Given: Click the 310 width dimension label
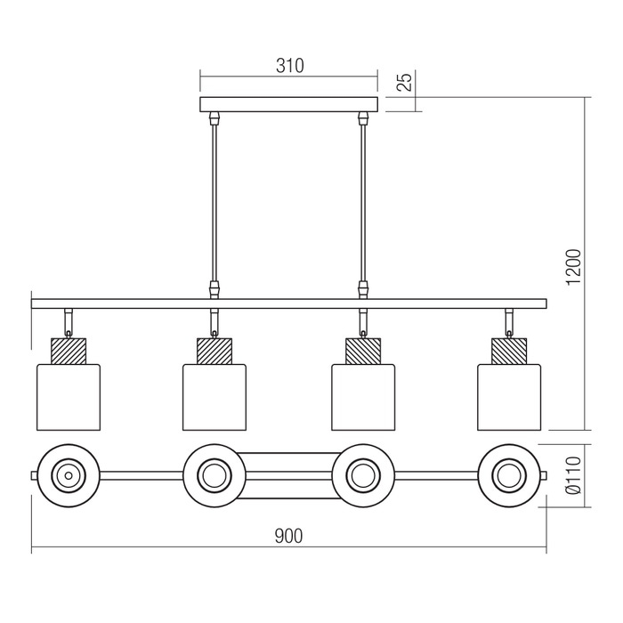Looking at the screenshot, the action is tap(289, 66).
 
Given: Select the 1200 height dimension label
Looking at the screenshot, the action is tap(573, 267).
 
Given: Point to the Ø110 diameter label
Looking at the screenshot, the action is tap(573, 475).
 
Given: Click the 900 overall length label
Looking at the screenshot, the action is tap(289, 536).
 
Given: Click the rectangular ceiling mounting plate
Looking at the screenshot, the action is tap(289, 104).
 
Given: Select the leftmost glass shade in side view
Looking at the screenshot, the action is tap(69, 397).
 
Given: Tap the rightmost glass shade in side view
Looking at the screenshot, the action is tap(509, 397).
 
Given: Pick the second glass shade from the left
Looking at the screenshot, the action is tap(214, 397).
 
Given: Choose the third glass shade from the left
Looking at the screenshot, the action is tap(363, 397).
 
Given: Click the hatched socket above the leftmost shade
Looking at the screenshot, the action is tap(69, 351).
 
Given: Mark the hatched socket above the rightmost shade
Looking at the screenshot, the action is tap(509, 351).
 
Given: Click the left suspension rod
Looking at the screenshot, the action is tap(214, 203).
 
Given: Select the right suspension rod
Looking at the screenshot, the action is tap(362, 203).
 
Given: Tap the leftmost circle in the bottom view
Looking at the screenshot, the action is tap(69, 475).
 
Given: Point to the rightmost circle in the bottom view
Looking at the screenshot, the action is tap(509, 475).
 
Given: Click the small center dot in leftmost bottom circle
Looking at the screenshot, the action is tap(69, 475).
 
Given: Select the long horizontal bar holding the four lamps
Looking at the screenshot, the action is tap(289, 304).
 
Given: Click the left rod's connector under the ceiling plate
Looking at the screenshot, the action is tap(214, 118).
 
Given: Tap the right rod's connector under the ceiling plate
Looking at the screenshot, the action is tap(362, 118).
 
